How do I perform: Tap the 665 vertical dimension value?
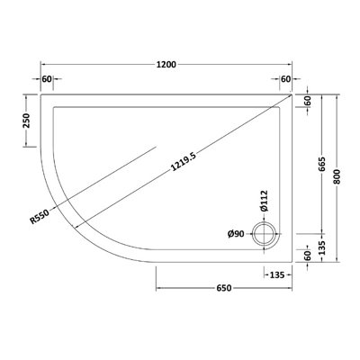click(x=320, y=166)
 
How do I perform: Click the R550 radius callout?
click(x=39, y=216)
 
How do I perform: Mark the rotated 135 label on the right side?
click(x=320, y=244)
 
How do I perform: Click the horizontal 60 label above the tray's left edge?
click(x=48, y=79)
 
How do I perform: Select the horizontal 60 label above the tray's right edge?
click(x=285, y=79)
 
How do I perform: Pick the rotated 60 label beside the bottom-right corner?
click(x=307, y=256)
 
